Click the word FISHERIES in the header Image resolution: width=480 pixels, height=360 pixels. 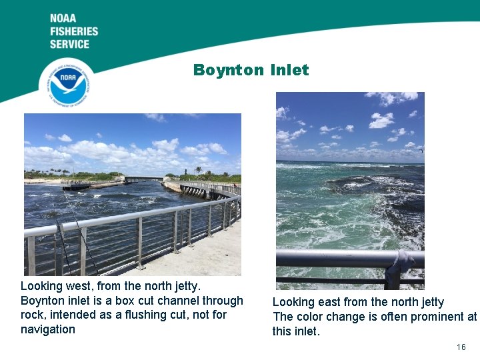click(x=73, y=31)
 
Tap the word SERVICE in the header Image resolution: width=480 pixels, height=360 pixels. click(x=69, y=44)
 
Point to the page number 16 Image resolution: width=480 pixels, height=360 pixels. click(x=461, y=347)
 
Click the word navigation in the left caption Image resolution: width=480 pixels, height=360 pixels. click(x=48, y=329)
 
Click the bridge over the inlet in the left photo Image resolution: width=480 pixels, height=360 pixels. click(x=143, y=179)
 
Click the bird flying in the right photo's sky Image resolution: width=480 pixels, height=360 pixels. click(x=421, y=151)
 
